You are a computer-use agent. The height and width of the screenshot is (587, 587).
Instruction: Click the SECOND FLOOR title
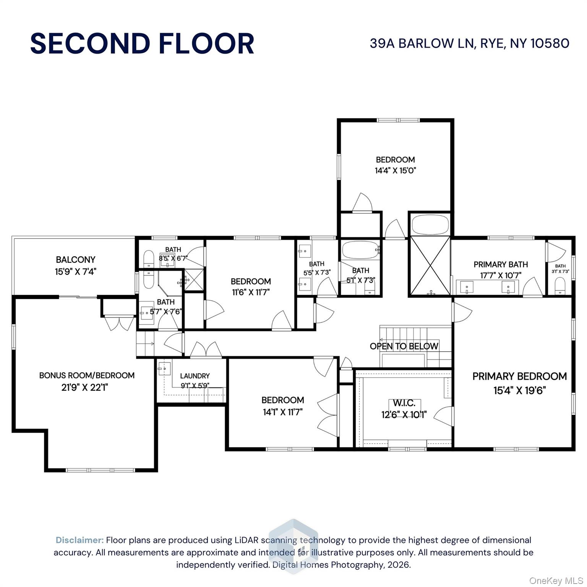142,43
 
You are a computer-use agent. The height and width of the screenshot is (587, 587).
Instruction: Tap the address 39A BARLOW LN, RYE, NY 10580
469,43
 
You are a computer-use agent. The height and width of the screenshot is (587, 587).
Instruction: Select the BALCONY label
75,260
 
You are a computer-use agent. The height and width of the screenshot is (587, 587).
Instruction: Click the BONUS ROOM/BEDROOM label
87,375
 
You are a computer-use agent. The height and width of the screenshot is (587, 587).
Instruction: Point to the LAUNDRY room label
195,376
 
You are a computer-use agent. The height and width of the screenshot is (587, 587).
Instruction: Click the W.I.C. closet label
404,403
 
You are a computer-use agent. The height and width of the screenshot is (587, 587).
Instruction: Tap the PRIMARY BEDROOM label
519,376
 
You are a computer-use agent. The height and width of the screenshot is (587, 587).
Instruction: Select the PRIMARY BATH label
501,264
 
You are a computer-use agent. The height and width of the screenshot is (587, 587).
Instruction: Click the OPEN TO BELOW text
404,346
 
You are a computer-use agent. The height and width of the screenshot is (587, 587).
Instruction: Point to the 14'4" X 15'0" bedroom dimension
395,170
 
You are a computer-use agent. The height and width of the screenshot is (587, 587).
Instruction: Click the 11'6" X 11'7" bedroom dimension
251,292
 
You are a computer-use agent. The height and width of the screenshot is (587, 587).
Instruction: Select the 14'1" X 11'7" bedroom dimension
283,412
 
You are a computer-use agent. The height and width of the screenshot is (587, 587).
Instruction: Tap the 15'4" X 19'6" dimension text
519,391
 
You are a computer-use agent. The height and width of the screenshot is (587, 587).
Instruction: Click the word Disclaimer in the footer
79,540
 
